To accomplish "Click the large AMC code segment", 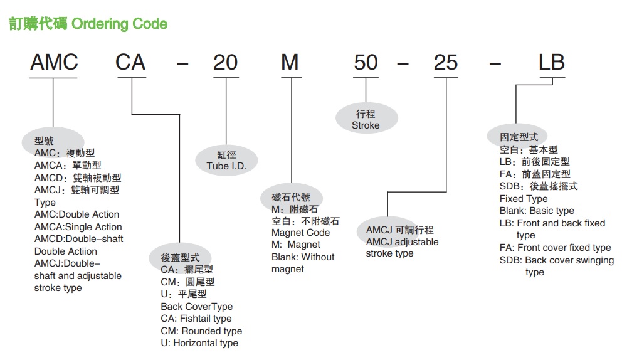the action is (55, 62).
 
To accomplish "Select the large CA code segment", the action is (130, 62).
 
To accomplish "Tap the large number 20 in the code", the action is (225, 62).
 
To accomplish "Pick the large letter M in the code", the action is (290, 62).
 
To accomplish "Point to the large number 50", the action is (366, 62).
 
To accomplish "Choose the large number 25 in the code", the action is (446, 62).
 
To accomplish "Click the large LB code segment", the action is (551, 62).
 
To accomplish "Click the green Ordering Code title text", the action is (119, 24).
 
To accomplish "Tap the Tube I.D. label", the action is (226, 166).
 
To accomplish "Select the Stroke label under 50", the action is (366, 125).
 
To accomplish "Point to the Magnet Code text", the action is (301, 233).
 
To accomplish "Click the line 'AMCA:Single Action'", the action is (78, 227).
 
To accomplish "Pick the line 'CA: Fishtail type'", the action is (196, 319).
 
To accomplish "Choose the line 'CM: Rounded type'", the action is (201, 331).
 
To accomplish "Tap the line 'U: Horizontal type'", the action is (199, 343).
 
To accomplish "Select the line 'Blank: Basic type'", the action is (537, 211).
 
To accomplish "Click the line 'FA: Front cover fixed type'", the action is (556, 248).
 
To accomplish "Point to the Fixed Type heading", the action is (524, 198).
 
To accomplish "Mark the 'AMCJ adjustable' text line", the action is (403, 242).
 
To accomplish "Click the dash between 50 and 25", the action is (403, 63).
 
